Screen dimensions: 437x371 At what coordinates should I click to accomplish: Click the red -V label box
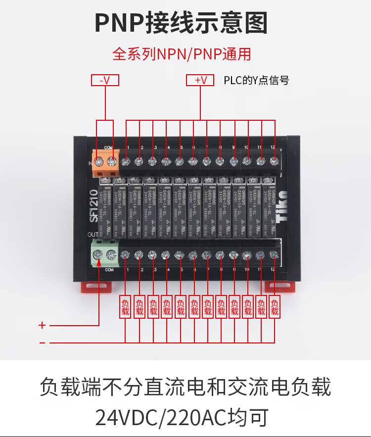coord(105,80)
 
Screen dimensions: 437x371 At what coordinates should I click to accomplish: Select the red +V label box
coord(199,80)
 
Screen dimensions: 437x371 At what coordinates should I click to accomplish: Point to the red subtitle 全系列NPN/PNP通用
coord(182,53)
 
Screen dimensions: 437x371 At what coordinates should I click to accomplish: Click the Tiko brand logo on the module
coord(281,204)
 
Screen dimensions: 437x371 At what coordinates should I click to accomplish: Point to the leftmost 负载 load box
coord(125,307)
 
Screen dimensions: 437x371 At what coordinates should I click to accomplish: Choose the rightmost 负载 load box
coord(275,307)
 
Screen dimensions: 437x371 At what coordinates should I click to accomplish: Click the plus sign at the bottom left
coord(43,325)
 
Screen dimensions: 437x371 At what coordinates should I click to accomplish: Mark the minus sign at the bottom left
coord(43,342)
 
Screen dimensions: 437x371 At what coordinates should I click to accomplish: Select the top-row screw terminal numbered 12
coord(274,161)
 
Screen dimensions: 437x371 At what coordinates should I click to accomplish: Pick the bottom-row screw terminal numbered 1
coord(126,255)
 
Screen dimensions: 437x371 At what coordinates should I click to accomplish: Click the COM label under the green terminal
coord(109,270)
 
